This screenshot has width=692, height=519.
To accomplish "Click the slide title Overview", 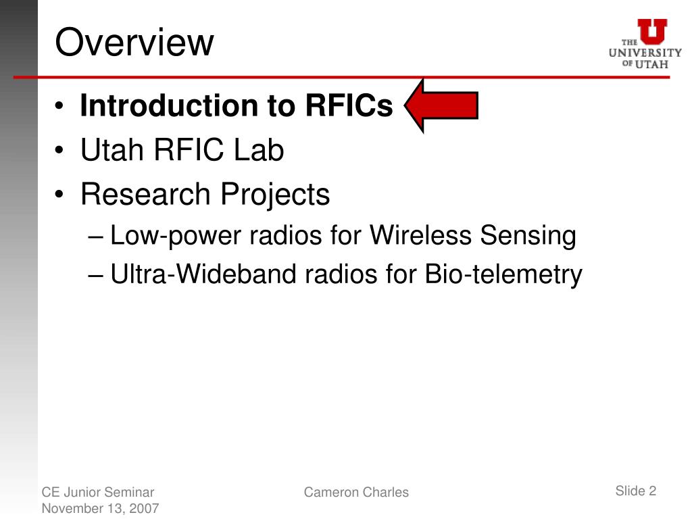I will (134, 42).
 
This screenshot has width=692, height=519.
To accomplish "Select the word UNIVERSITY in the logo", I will (645, 53).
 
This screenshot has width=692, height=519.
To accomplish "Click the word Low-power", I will (175, 236).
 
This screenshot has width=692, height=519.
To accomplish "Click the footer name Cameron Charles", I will (356, 492).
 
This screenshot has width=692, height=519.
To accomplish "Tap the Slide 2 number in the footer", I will (635, 491).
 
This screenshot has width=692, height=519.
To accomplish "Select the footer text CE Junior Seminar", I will (98, 492).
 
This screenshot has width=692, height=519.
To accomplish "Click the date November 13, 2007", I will (100, 508).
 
